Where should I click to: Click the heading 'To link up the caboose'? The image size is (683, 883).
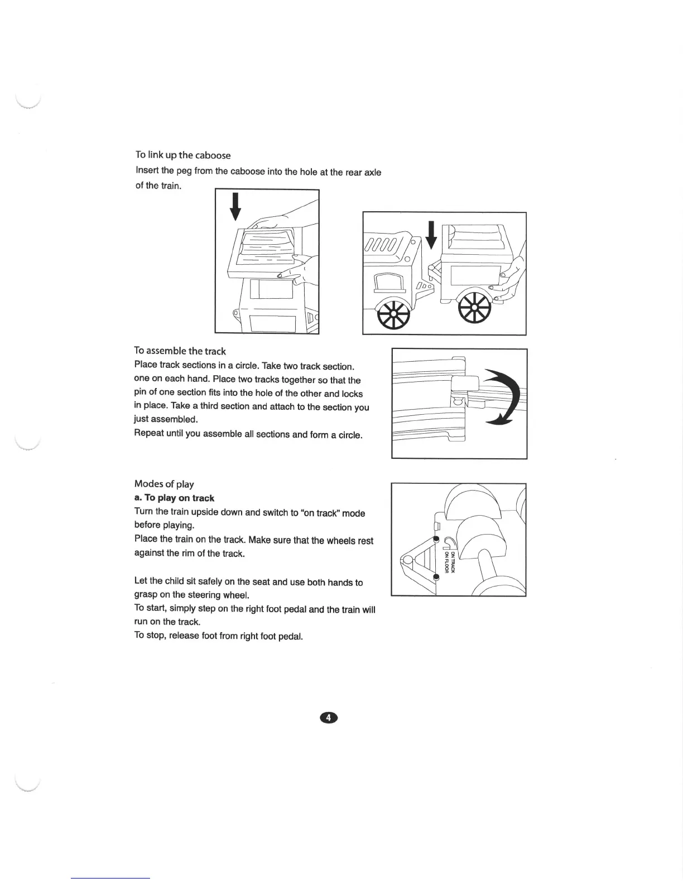pos(182,155)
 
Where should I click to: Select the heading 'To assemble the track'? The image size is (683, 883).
pos(180,351)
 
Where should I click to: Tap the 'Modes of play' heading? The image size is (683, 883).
pos(163,484)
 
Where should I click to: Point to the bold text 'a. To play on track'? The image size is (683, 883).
pos(174,498)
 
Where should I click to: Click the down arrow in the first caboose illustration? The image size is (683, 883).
pos(236,207)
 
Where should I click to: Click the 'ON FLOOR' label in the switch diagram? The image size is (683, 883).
pos(446,562)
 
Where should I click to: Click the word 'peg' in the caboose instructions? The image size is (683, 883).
pos(184,171)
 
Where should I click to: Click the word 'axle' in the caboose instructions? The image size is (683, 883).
pos(373,172)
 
